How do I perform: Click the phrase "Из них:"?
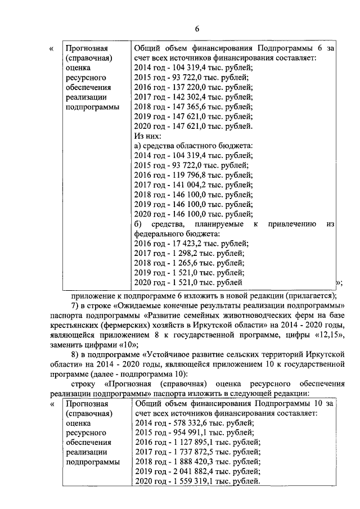148,136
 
